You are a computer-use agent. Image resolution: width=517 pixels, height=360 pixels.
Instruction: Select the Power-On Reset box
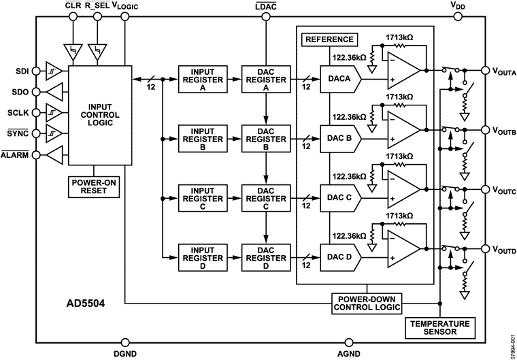click(x=95, y=186)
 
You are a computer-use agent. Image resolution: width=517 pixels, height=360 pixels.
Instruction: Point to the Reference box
click(x=329, y=39)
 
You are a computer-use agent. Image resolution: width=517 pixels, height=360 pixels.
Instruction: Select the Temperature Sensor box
click(x=439, y=327)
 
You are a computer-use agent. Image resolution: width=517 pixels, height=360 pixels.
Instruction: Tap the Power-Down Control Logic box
click(x=367, y=302)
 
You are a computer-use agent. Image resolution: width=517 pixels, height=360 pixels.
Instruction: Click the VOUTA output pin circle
click(x=485, y=69)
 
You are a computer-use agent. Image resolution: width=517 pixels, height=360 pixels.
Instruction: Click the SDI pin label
click(x=22, y=69)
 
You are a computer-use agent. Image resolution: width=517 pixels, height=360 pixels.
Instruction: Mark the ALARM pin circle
click(x=35, y=156)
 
